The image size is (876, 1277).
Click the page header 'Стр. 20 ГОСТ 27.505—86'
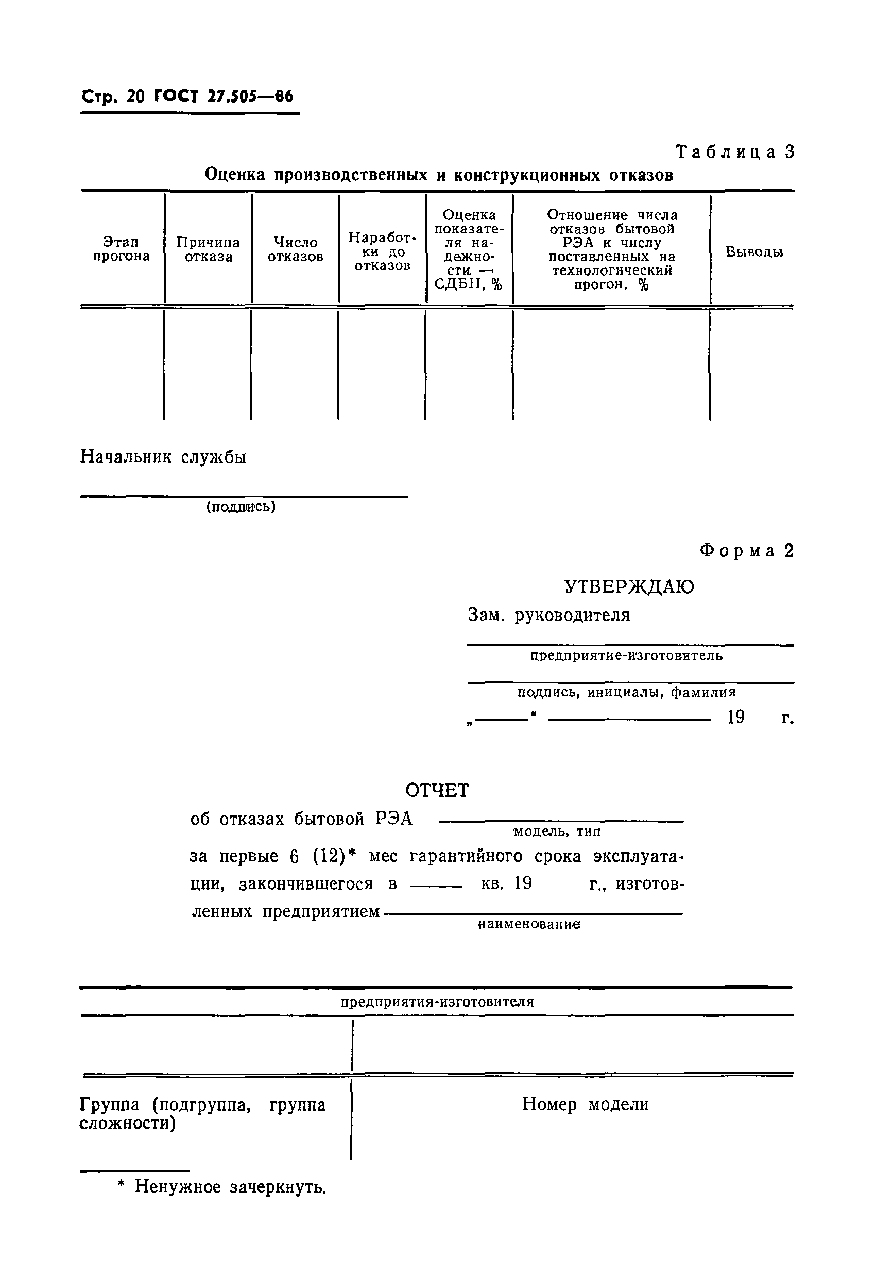(187, 97)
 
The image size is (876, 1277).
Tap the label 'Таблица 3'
(735, 151)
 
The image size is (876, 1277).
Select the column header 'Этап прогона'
(121, 249)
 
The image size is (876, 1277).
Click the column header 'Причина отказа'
(208, 249)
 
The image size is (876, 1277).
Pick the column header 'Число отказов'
(295, 249)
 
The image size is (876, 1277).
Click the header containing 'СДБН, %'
(469, 249)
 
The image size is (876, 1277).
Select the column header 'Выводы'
(753, 252)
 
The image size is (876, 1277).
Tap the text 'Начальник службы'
(163, 456)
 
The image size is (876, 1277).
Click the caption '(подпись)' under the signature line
(241, 506)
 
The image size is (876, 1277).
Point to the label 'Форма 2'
(746, 551)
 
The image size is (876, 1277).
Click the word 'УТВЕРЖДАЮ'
(629, 587)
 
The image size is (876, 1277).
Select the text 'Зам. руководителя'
(548, 615)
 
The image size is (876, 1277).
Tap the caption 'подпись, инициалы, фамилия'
(626, 692)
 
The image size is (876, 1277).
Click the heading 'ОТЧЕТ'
(437, 790)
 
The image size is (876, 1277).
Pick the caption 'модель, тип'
(557, 831)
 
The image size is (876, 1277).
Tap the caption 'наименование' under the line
(529, 925)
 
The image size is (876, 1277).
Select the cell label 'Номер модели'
(585, 1104)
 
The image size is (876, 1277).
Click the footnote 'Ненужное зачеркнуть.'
(230, 1187)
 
